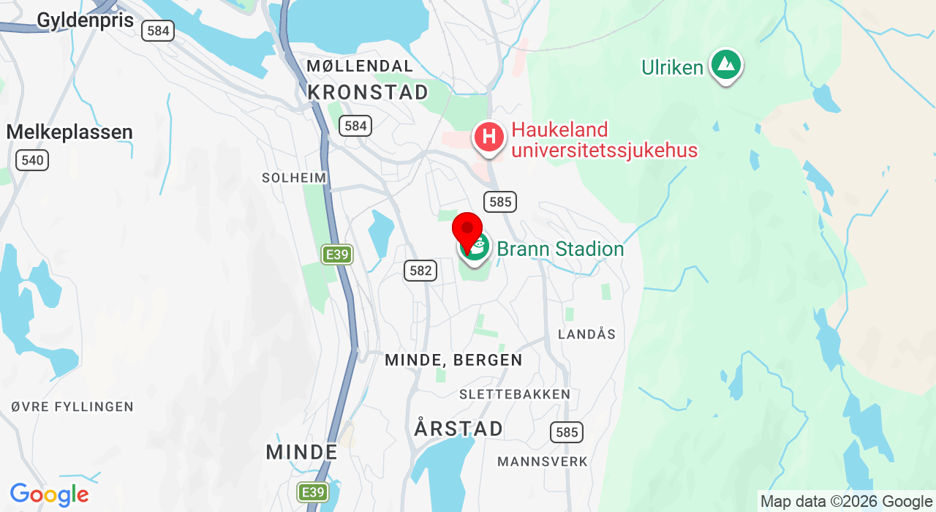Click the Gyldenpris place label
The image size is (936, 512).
(x=85, y=20)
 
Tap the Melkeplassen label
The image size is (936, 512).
(x=69, y=132)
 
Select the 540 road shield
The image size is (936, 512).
(x=32, y=160)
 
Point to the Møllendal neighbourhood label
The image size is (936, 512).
(x=360, y=66)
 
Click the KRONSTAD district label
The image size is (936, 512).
(x=368, y=92)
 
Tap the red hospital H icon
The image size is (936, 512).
(x=489, y=137)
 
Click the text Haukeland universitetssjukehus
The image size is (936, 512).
(x=604, y=140)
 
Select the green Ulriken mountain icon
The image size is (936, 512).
(x=725, y=65)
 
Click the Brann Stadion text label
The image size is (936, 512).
(x=560, y=249)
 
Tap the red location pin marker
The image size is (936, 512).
(x=467, y=230)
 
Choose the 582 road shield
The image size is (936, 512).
(x=420, y=271)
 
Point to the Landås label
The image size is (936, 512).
(x=586, y=334)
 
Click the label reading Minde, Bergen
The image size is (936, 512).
(x=453, y=360)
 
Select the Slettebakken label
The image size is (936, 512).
(x=515, y=394)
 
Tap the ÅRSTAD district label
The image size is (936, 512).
(x=458, y=429)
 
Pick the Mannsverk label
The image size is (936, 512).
(x=543, y=462)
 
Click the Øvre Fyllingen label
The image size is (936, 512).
(x=72, y=407)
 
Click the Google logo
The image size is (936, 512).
(x=49, y=495)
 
